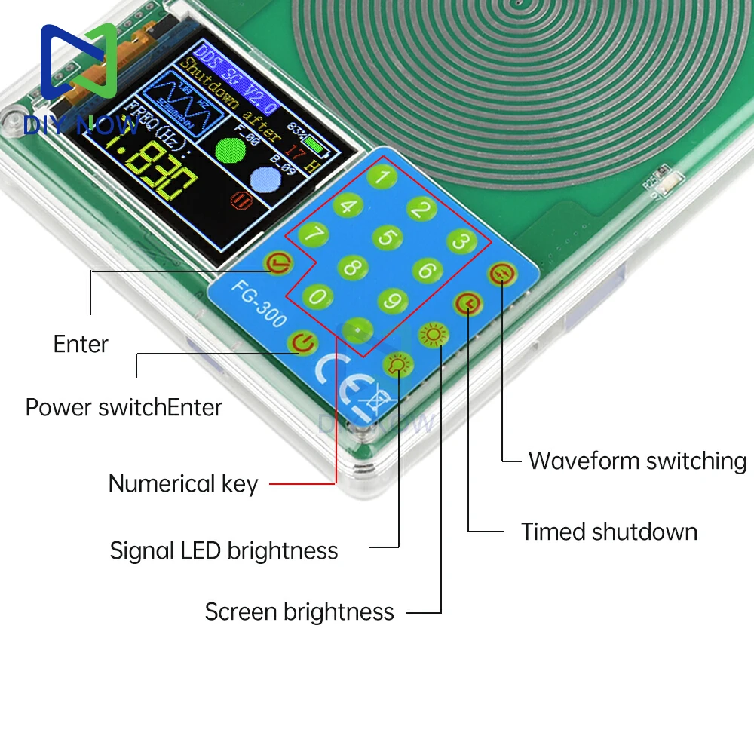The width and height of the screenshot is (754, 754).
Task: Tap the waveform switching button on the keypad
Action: (x=501, y=274)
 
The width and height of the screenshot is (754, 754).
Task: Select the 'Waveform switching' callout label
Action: (x=637, y=461)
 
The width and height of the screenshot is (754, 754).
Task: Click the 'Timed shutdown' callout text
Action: (x=609, y=532)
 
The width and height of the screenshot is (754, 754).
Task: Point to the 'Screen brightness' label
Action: (x=299, y=611)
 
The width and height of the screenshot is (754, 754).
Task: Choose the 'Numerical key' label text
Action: (x=183, y=483)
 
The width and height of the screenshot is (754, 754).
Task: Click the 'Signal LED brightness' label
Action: (x=224, y=550)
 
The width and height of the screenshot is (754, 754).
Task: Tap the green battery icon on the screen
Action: (x=317, y=143)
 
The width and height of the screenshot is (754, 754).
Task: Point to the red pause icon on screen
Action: (x=242, y=201)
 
